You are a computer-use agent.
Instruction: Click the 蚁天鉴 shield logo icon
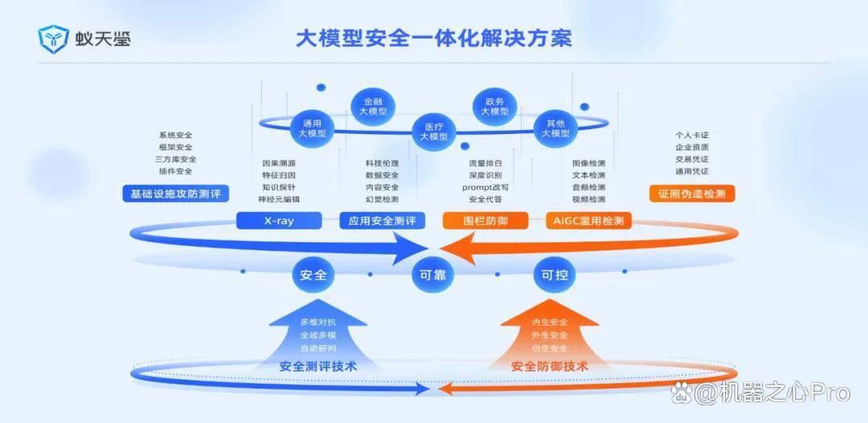point(53,39)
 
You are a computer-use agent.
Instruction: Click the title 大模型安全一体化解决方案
point(433,39)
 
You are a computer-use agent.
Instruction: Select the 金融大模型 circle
point(373,106)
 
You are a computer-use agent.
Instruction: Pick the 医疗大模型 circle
point(433,131)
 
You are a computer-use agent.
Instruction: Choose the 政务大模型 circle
point(494,106)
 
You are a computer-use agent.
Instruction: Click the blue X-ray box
point(279,222)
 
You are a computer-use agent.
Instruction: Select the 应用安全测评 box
point(382,222)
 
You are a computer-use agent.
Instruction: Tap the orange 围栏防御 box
point(485,222)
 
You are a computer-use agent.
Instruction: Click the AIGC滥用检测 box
point(588,222)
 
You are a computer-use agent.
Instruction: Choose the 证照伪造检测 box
point(692,193)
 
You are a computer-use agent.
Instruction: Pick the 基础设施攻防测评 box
point(175,193)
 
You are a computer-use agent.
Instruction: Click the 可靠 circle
point(433,274)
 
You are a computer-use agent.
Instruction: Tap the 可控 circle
point(555,274)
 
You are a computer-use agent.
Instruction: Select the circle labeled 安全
point(313,274)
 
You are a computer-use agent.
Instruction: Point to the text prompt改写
point(485,188)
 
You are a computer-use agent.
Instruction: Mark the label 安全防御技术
point(550,366)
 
